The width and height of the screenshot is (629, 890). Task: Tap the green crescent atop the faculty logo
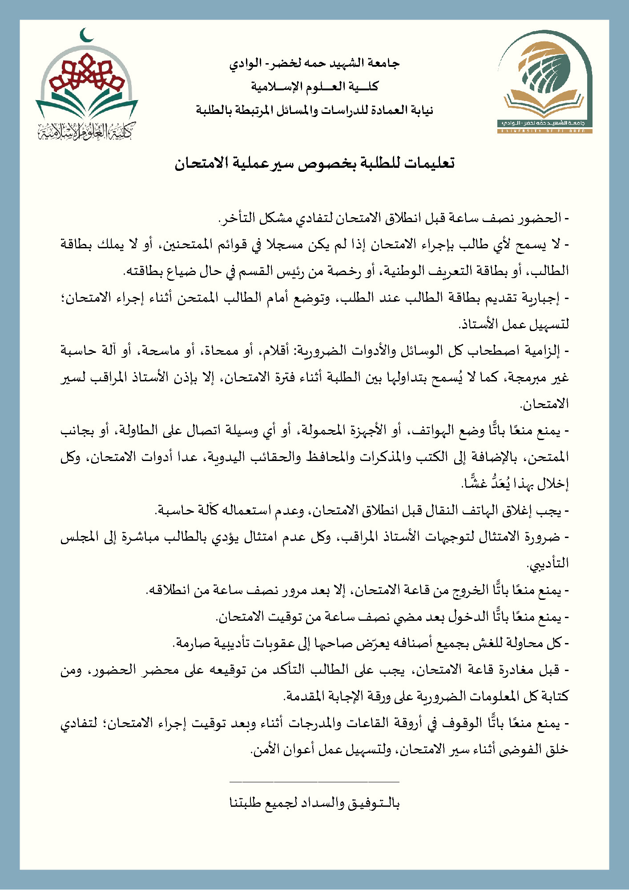click(87, 35)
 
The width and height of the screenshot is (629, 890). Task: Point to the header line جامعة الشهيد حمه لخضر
click(314, 64)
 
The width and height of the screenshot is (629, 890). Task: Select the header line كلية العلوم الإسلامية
click(314, 86)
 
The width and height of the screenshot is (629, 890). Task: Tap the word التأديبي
click(548, 564)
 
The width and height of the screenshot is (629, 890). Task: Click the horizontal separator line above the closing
click(314, 781)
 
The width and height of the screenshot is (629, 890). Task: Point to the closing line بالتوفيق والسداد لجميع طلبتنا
click(314, 803)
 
